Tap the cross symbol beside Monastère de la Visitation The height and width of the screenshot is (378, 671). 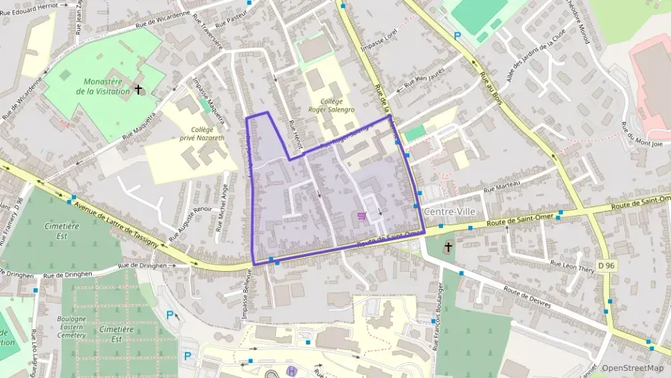(138, 90)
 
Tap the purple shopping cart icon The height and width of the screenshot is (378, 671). (361, 216)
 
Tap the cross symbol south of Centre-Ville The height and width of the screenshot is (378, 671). (448, 247)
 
